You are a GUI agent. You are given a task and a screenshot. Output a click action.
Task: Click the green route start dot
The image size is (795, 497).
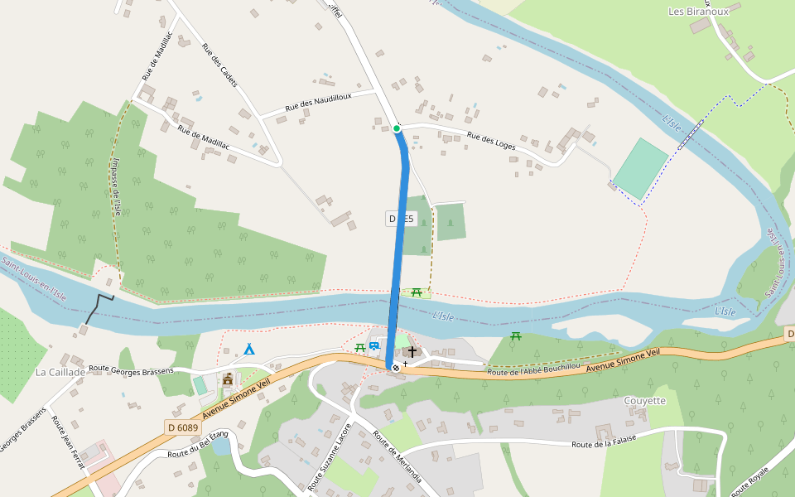point(397,128)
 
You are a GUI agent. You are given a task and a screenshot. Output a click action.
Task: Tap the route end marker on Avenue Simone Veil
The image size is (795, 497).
point(396,367)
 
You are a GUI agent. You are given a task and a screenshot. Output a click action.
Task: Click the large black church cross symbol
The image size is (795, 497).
point(412,352)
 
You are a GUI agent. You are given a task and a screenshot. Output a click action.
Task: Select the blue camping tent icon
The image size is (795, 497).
point(249,349)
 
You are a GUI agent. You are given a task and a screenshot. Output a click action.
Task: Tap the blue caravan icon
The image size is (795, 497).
point(374,346)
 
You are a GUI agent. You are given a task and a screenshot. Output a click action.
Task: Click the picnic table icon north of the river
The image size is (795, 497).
point(417,292)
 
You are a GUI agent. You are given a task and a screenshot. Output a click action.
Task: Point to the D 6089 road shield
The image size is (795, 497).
point(182,427)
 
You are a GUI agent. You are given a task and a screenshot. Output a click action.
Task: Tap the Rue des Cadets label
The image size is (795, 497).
point(219,65)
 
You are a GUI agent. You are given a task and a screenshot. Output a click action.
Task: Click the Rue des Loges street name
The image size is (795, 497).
point(491,141)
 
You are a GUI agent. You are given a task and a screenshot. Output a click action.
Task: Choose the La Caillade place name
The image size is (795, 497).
point(60,373)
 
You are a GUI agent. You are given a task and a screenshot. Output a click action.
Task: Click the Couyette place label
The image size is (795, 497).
point(644,401)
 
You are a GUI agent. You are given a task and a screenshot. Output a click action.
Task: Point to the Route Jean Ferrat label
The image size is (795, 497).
point(68,443)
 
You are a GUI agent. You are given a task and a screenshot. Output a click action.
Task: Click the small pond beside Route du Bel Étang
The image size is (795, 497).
point(220,446)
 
